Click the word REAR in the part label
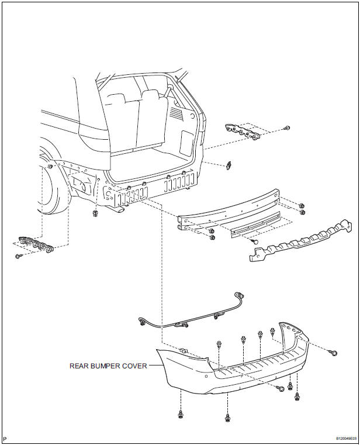click(x=80, y=367)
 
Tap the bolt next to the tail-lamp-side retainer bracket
click(x=286, y=128)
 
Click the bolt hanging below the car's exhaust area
click(x=95, y=213)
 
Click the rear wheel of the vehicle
click(x=50, y=187)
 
